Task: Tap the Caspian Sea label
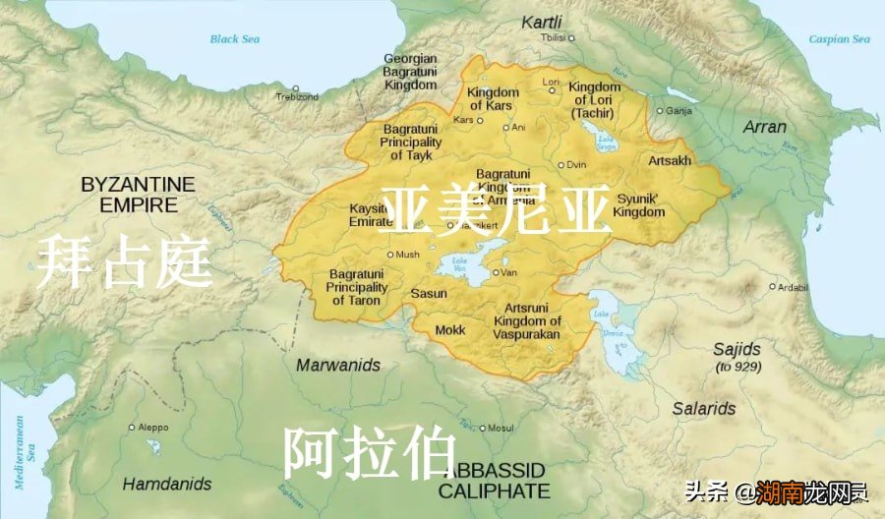pyautogui.click(x=839, y=39)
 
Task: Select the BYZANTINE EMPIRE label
pyautogui.click(x=139, y=195)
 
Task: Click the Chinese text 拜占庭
pyautogui.click(x=125, y=261)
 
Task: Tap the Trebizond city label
pyautogui.click(x=297, y=97)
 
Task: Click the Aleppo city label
pyautogui.click(x=152, y=428)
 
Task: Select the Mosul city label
pyautogui.click(x=501, y=428)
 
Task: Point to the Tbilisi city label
pyautogui.click(x=554, y=37)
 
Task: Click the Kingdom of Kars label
pyautogui.click(x=493, y=99)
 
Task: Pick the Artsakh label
pyautogui.click(x=670, y=160)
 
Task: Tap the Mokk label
pyautogui.click(x=450, y=330)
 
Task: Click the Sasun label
pyautogui.click(x=429, y=293)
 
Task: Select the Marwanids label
pyautogui.click(x=338, y=365)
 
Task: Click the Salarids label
pyautogui.click(x=704, y=408)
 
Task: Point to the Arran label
pyautogui.click(x=764, y=127)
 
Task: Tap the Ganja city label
pyautogui.click(x=679, y=111)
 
